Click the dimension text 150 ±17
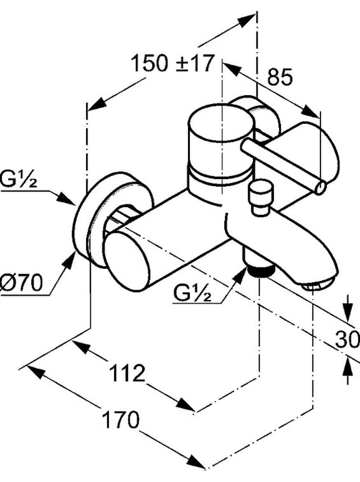[x=172, y=63]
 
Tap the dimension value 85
[x=280, y=77]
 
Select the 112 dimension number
[x=127, y=373]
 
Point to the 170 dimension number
[x=121, y=420]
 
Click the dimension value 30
[x=347, y=340]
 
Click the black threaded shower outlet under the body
[x=260, y=272]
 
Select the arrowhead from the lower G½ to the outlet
[x=240, y=276]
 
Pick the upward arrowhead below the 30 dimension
[x=347, y=367]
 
